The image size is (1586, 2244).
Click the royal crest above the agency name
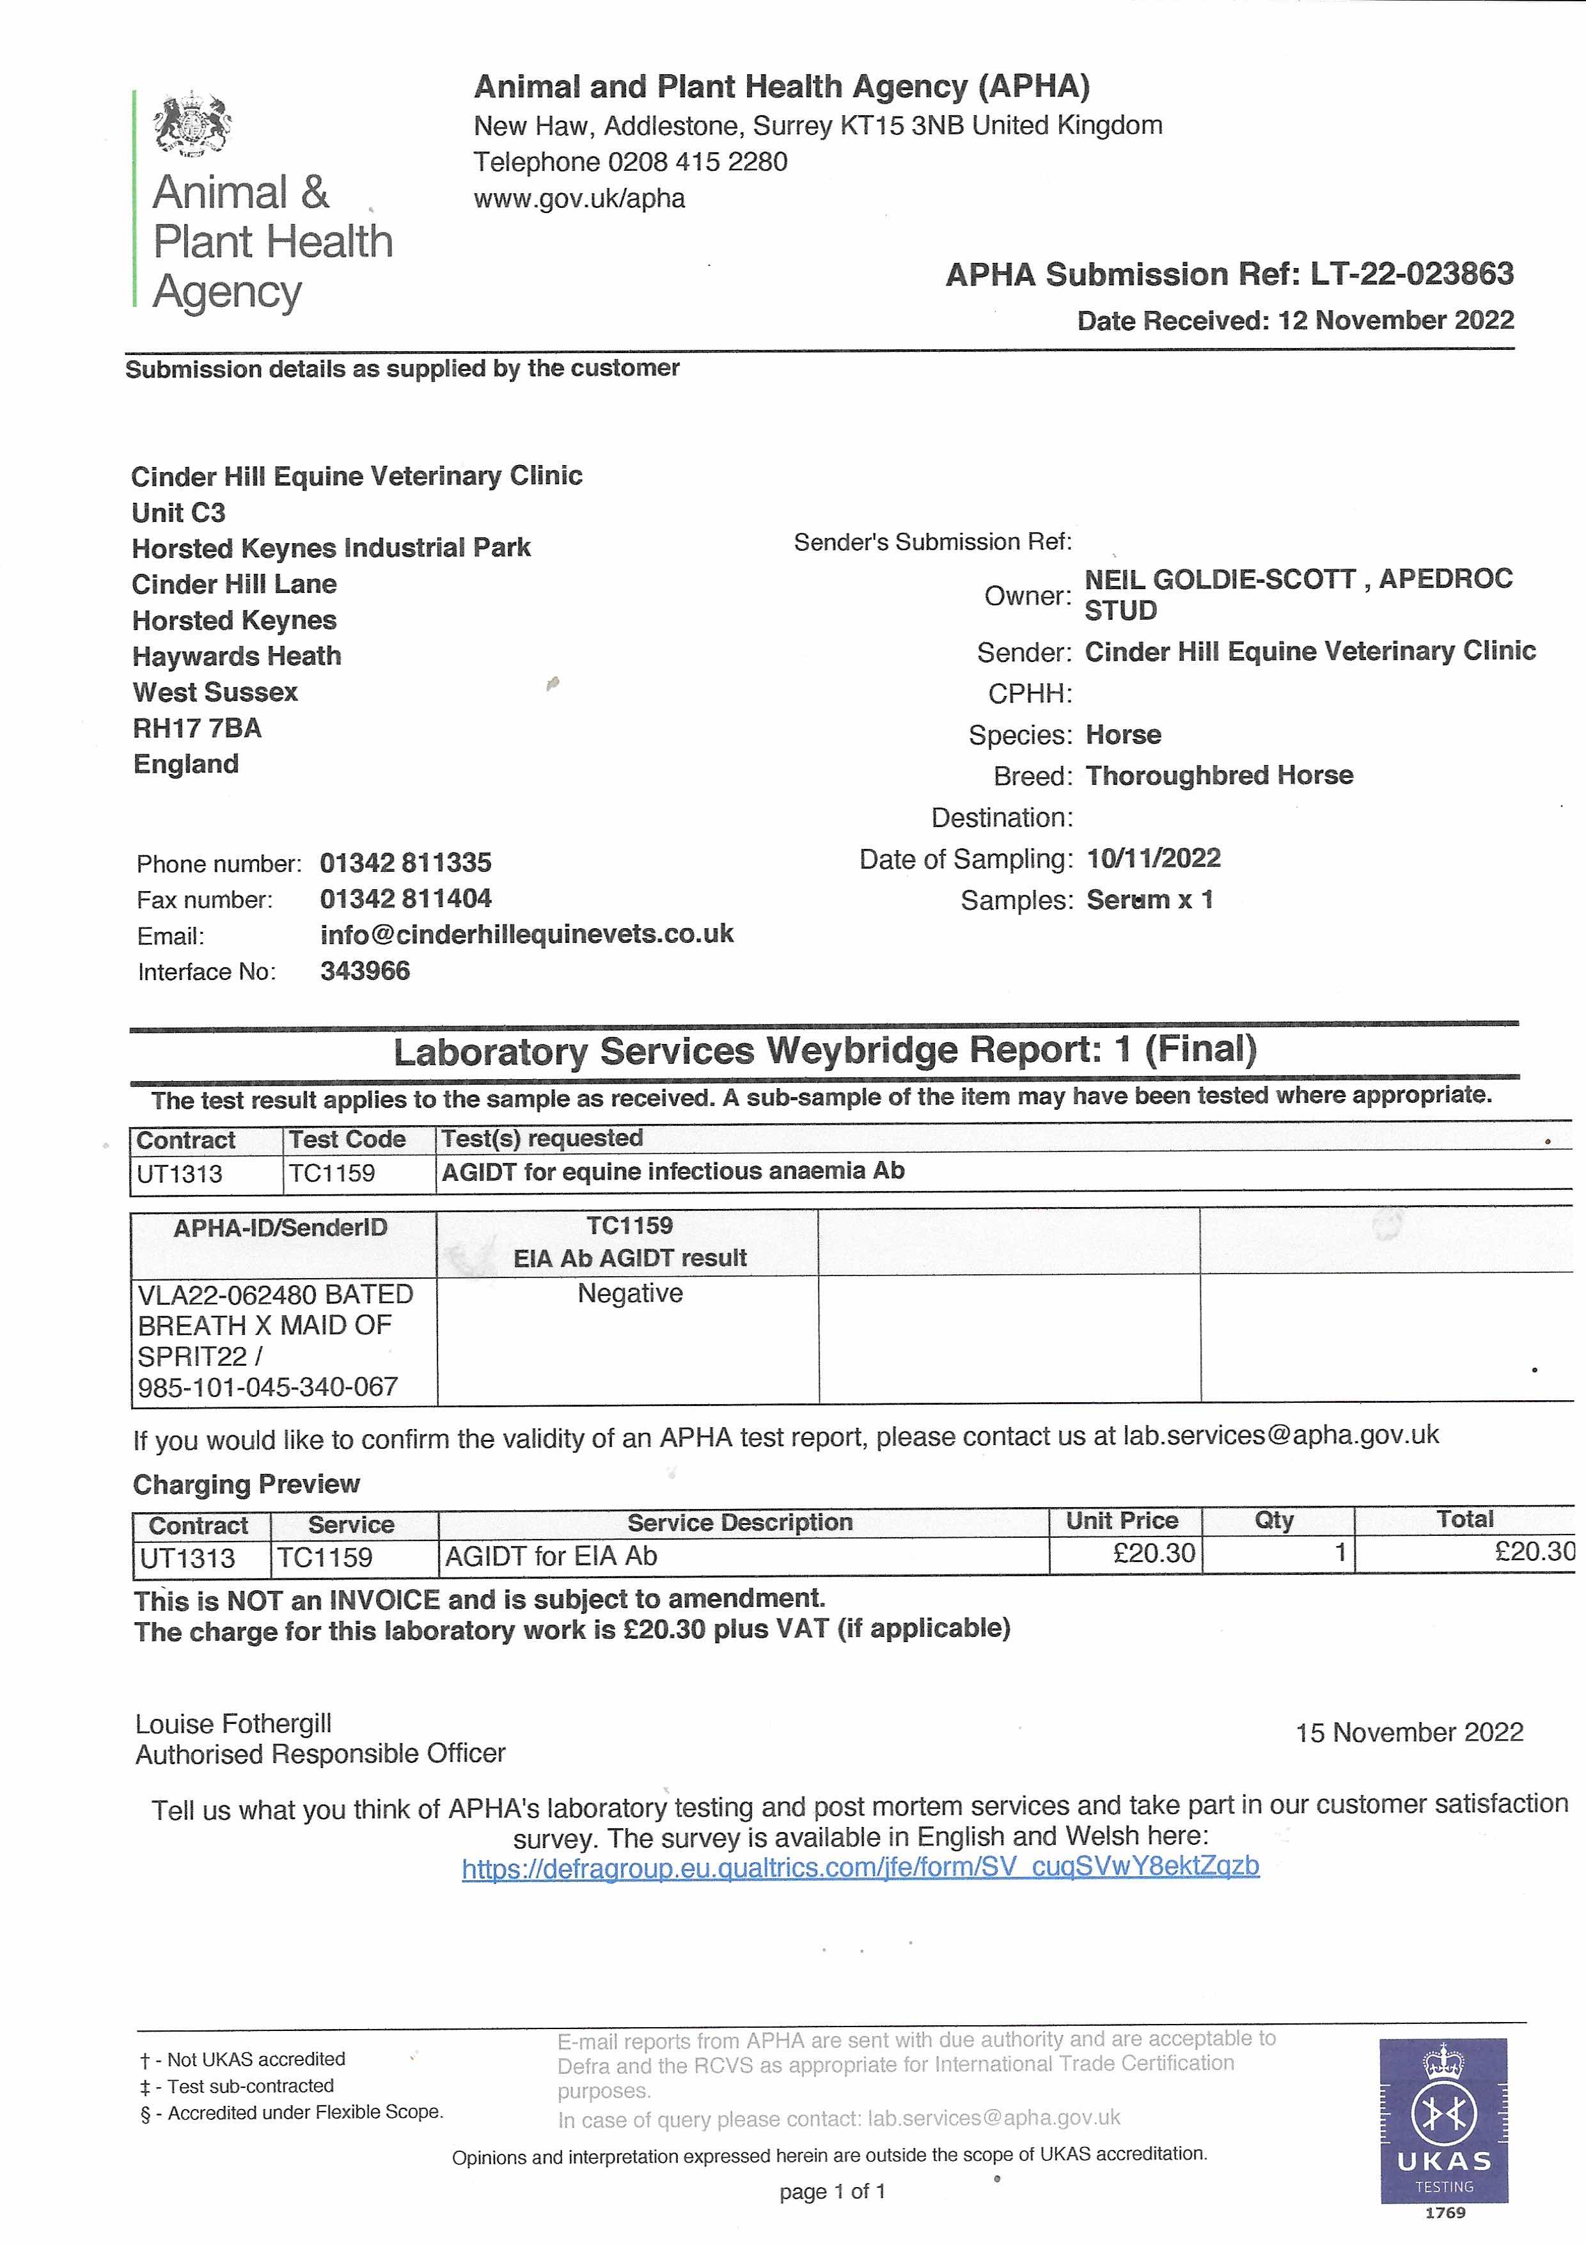tap(192, 124)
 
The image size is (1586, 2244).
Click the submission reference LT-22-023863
tap(1412, 274)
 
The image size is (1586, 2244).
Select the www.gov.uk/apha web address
tap(579, 198)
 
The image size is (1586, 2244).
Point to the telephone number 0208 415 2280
tap(698, 162)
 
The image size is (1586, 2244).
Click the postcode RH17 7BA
tap(198, 728)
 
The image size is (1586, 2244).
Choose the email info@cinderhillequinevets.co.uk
tap(527, 935)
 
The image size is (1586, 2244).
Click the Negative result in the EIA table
tap(631, 1293)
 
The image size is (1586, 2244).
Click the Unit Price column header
tap(1122, 1521)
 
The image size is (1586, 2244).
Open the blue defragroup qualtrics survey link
tap(860, 1867)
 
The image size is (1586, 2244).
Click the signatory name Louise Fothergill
tap(233, 1723)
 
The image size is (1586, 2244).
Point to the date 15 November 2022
tap(1409, 1733)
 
